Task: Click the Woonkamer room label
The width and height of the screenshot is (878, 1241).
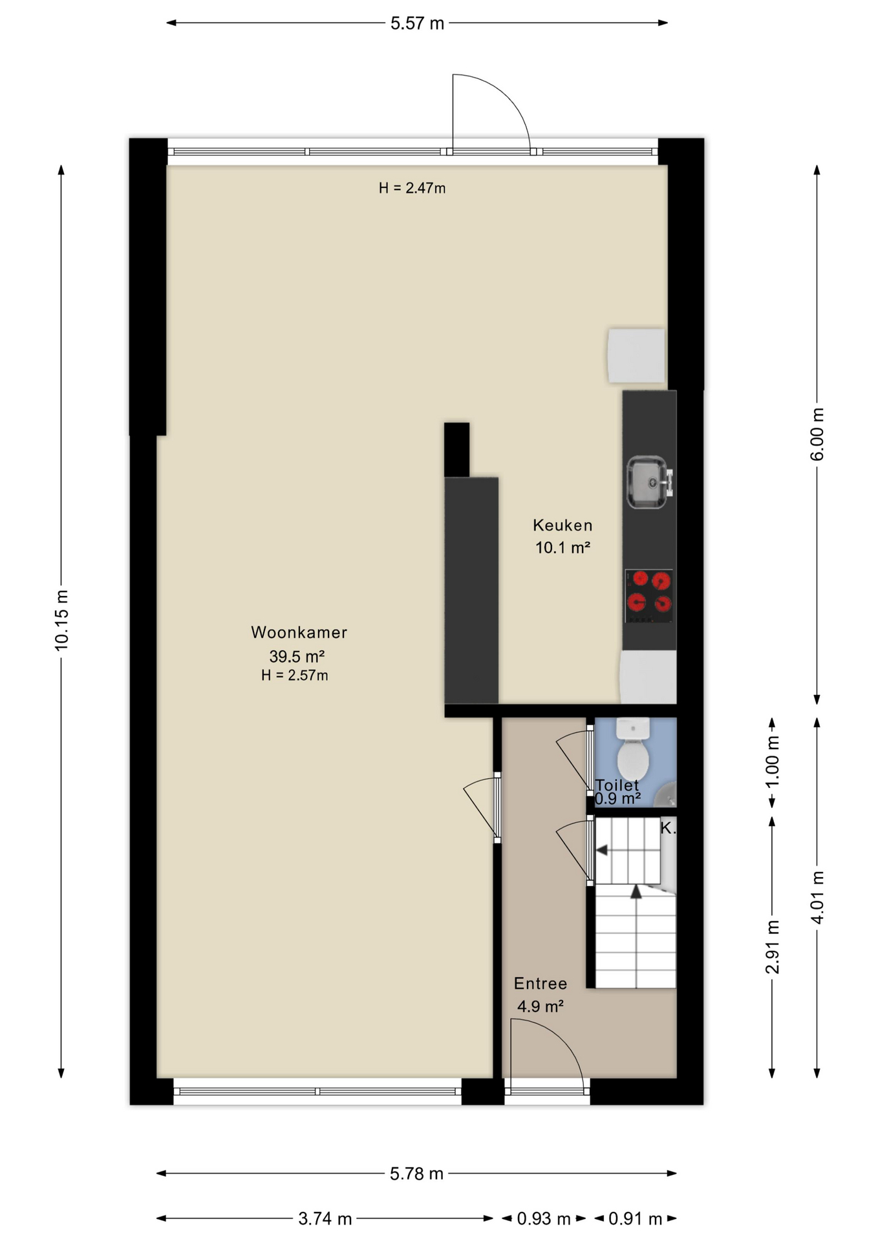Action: click(x=299, y=632)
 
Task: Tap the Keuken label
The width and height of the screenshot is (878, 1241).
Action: click(x=562, y=525)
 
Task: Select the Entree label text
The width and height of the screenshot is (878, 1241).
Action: click(x=541, y=983)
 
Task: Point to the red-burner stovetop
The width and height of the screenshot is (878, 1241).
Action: click(x=649, y=596)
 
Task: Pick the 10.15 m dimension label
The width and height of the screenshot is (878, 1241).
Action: click(x=61, y=620)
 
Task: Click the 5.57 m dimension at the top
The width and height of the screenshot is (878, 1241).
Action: click(x=417, y=23)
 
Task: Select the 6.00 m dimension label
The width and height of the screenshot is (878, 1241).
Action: click(x=817, y=434)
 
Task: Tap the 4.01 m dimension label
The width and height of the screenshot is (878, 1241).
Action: click(x=817, y=897)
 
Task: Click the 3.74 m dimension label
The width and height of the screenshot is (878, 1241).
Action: click(x=325, y=1218)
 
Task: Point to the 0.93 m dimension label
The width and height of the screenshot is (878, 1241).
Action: click(x=544, y=1218)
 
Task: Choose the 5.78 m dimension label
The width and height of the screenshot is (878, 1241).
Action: click(x=416, y=1173)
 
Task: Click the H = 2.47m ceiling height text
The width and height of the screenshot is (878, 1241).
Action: click(x=412, y=188)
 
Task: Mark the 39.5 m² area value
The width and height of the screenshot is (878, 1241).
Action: click(x=297, y=656)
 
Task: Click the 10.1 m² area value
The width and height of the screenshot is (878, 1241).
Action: click(x=562, y=547)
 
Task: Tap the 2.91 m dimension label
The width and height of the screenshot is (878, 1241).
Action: click(x=772, y=946)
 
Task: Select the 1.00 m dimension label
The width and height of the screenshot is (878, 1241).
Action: click(x=772, y=762)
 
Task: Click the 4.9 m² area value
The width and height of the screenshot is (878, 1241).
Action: click(x=541, y=1006)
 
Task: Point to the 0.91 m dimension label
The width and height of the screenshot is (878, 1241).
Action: click(x=636, y=1218)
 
